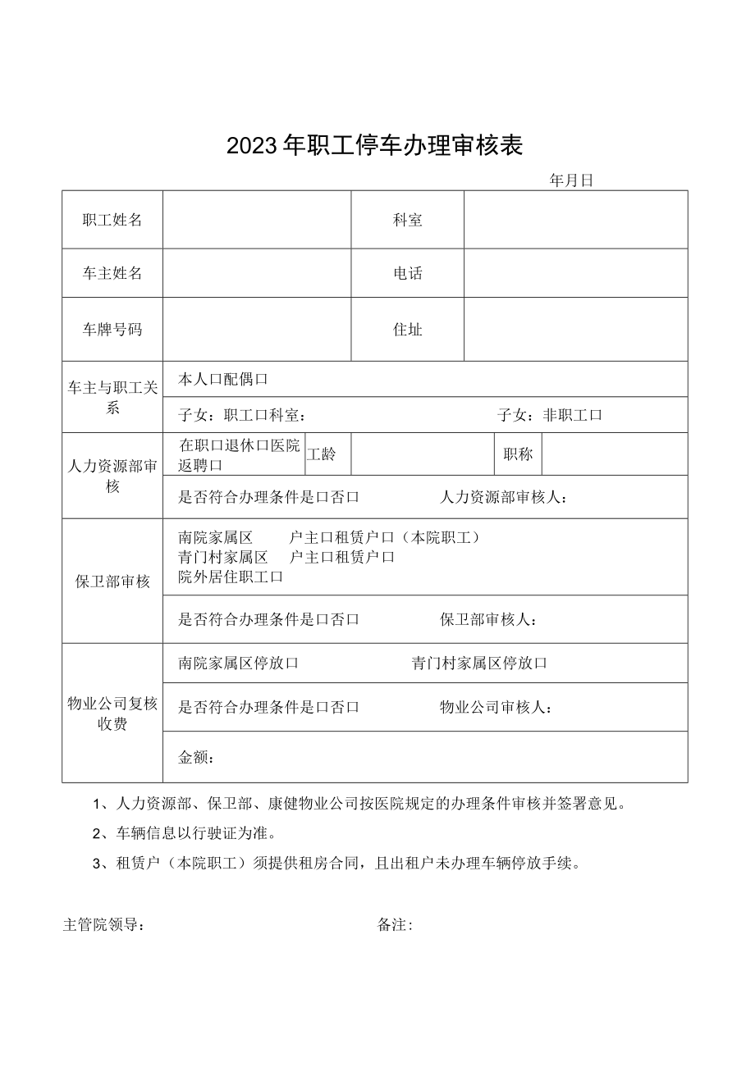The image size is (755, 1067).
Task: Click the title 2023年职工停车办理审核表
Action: point(374,146)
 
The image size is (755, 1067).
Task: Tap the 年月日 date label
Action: point(571,181)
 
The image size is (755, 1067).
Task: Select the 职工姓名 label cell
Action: point(112,220)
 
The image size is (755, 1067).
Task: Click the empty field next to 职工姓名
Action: point(257,220)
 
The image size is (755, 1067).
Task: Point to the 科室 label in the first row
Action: point(408,220)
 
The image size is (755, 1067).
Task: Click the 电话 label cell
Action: point(408,273)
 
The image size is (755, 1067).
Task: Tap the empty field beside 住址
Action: point(575,330)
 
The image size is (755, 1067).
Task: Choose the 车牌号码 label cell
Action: point(112,330)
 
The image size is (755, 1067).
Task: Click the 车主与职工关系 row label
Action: point(112,398)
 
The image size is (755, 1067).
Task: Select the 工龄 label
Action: point(322,454)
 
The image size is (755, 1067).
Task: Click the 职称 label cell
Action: point(518,454)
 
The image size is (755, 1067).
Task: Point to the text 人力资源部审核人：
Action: point(503,497)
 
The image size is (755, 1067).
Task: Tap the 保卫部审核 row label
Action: point(112,581)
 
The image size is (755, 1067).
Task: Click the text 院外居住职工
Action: point(230,577)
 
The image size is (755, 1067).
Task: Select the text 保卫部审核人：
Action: point(489,619)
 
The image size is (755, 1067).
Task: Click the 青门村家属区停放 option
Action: point(479,663)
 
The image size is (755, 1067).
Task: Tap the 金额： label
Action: point(197,758)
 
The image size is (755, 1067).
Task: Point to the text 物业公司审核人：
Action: point(496,707)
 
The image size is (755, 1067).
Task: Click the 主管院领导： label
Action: point(105,926)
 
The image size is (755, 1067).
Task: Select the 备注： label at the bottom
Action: point(395,926)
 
